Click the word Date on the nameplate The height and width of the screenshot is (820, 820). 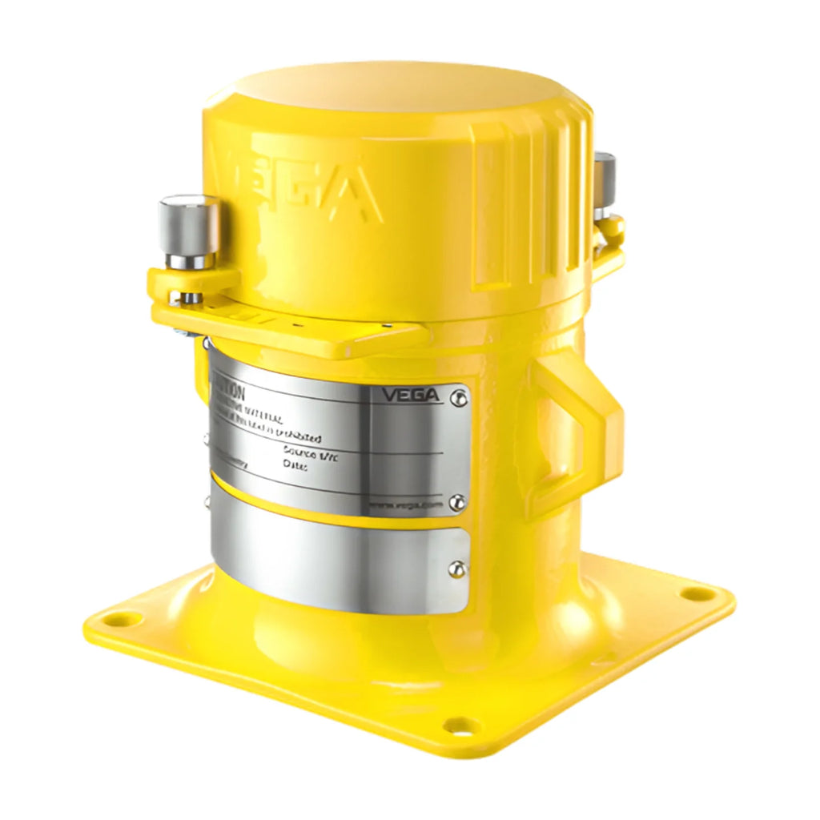coord(295,465)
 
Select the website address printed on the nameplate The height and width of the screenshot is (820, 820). coord(405,505)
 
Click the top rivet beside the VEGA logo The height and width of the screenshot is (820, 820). coord(457,396)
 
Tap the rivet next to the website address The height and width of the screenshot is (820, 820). coord(456,503)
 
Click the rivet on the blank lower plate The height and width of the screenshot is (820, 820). coord(456,569)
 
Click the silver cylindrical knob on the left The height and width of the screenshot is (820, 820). coord(189,229)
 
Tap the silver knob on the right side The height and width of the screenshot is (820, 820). coord(605,183)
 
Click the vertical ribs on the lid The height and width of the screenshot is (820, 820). coord(521,208)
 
